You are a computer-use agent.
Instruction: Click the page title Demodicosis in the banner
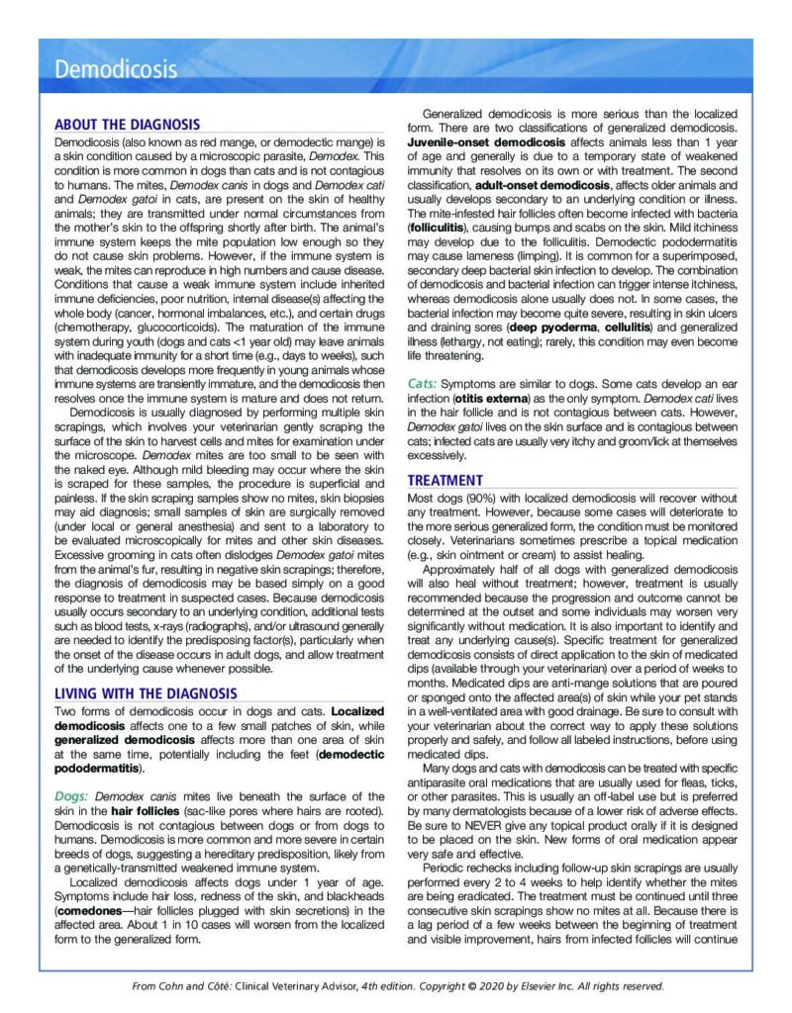click(x=116, y=69)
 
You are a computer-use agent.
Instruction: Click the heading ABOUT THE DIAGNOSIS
click(x=127, y=125)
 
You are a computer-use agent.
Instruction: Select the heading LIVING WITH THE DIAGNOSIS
click(x=146, y=693)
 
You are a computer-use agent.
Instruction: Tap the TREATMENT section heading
click(x=445, y=481)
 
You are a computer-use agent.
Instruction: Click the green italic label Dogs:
click(x=75, y=796)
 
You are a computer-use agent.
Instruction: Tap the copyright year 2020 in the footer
click(x=475, y=986)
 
